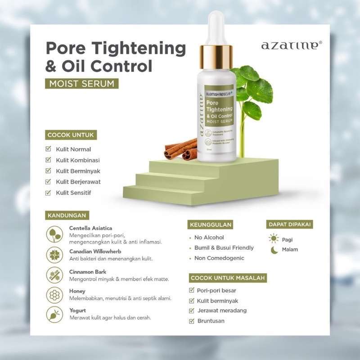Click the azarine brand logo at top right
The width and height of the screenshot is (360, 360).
pyautogui.click(x=292, y=45)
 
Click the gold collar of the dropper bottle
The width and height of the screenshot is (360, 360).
pyautogui.click(x=216, y=57)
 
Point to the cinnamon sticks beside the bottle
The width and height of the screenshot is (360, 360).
pyautogui.click(x=181, y=149)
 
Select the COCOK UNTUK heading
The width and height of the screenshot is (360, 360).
pyautogui.click(x=71, y=135)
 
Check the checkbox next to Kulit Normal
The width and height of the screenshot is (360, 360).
pyautogui.click(x=49, y=149)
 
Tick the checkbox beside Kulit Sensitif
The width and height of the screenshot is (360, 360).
pyautogui.click(x=49, y=193)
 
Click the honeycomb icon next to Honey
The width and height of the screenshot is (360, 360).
pyautogui.click(x=54, y=295)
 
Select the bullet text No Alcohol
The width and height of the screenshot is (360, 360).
pyautogui.click(x=209, y=237)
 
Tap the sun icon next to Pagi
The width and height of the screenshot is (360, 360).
pyautogui.click(x=274, y=238)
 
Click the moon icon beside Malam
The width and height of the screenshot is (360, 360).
pyautogui.click(x=274, y=250)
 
